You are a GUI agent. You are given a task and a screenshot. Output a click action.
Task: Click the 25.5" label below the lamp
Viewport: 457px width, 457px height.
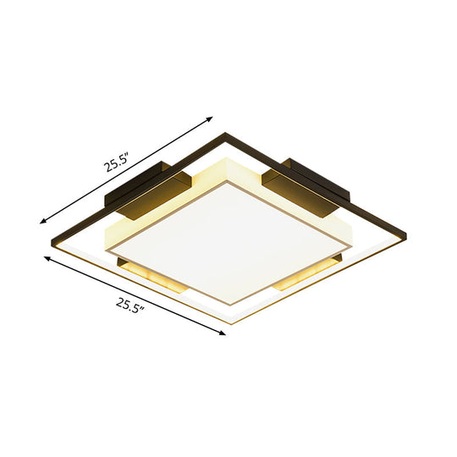tap(127, 303)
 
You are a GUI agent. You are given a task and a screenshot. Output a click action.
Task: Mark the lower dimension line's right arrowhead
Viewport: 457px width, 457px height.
tap(225, 334)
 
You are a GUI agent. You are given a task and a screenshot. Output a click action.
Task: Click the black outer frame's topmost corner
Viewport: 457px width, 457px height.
tap(226, 131)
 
